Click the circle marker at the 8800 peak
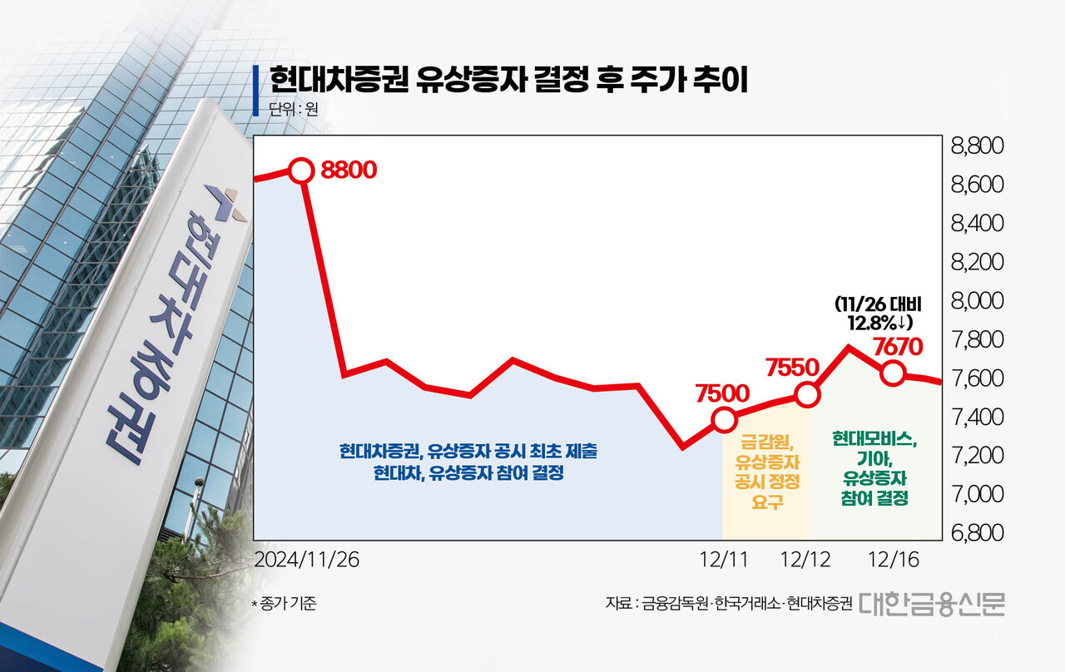(301, 170)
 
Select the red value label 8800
(349, 170)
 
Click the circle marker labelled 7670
(893, 373)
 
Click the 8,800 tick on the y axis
(977, 147)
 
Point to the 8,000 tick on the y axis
(977, 300)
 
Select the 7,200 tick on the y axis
(977, 455)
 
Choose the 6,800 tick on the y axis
(977, 532)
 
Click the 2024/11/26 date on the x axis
(306, 560)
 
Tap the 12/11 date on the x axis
(724, 560)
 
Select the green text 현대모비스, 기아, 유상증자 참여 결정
(874, 469)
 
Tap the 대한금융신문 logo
(932, 603)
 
